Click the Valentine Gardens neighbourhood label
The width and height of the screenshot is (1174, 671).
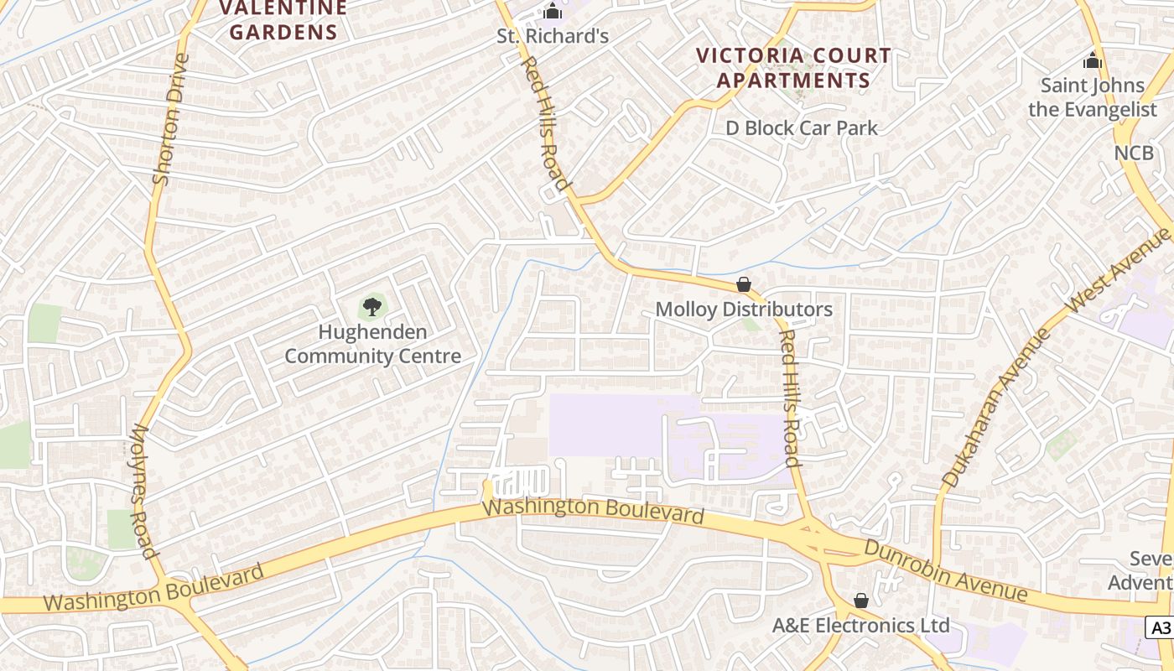point(283,21)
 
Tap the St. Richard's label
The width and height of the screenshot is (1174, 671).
point(553,37)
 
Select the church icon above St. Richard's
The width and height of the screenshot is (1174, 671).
point(552,12)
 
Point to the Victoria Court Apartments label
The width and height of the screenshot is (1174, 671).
point(794,68)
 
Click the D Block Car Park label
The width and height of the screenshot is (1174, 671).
point(802,128)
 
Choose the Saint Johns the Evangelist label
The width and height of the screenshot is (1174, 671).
point(1093,97)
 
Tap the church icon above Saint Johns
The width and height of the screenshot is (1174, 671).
point(1092,60)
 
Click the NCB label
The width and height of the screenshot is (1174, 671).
point(1134,153)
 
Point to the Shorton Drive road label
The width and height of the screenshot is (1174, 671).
point(168,119)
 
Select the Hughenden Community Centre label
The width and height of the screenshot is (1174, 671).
point(372,344)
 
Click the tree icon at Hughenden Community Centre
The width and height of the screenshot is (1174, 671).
point(372,306)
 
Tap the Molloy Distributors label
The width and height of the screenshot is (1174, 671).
point(744,309)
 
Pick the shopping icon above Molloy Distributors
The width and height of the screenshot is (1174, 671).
point(743,284)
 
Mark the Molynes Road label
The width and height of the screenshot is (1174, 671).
point(143,491)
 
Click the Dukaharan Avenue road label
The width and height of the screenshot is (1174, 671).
point(996,408)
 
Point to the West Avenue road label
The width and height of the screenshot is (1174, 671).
point(1119,272)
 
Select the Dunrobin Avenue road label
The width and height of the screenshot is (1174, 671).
point(946,570)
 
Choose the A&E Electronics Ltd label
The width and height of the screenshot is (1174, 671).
point(860,626)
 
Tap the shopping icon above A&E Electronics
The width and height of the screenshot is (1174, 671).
point(860,601)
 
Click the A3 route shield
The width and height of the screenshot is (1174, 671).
point(1160,627)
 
